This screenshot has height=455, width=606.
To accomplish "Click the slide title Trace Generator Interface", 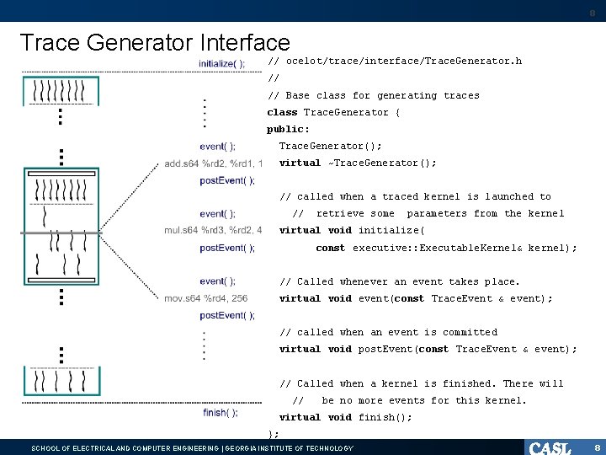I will (x=154, y=43).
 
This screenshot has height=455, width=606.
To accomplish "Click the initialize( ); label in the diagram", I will (x=222, y=63).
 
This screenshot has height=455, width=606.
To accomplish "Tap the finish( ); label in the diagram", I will (x=221, y=413).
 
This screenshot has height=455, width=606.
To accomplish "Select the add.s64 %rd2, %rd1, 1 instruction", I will (x=214, y=163).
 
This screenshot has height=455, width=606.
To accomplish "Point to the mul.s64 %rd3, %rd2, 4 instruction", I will (x=214, y=230).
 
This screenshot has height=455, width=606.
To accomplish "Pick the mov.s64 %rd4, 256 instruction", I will (x=206, y=298).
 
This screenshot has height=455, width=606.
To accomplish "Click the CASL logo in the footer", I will (x=550, y=447).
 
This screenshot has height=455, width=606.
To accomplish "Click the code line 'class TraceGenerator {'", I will (x=333, y=112).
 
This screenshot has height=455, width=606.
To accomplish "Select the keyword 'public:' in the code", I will (x=289, y=129).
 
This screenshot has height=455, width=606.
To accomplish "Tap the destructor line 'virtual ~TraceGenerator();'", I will (x=358, y=163).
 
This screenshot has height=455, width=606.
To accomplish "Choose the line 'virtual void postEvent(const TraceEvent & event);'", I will (x=428, y=349).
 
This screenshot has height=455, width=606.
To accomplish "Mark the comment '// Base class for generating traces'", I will (x=373, y=95).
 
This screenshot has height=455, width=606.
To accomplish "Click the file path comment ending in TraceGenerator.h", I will (x=394, y=62).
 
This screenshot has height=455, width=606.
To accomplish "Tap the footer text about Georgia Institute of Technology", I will (x=192, y=448).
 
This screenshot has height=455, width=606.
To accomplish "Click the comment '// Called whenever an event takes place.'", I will (x=400, y=281).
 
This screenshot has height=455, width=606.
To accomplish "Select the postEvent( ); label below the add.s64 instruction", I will (x=227, y=180).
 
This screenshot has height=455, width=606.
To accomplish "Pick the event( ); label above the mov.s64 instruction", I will (x=218, y=281).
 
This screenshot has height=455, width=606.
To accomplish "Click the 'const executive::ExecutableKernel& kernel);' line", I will (x=446, y=248).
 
